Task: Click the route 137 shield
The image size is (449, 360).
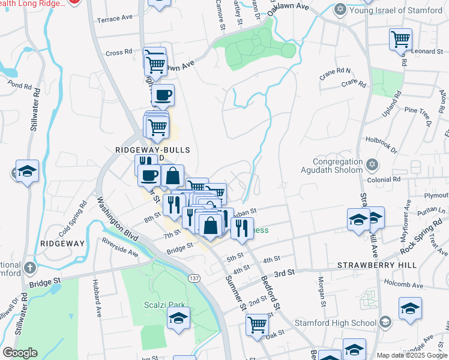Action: [193, 279]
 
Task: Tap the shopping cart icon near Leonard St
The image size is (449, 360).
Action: [400, 40]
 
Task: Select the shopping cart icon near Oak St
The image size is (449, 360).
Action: [258, 325]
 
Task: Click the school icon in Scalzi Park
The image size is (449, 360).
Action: [178, 318]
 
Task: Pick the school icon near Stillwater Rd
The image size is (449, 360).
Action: [28, 172]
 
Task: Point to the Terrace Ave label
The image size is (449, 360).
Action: [115, 18]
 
